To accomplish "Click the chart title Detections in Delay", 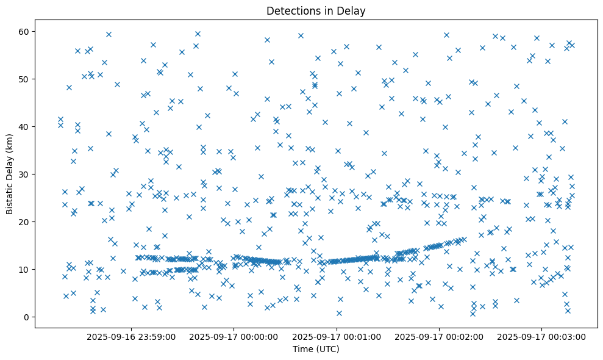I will [x=316, y=11].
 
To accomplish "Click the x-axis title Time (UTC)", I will [x=316, y=349].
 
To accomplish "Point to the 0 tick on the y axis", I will [x=27, y=317].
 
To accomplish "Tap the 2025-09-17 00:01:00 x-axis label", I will [x=337, y=336].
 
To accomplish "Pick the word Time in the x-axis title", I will [x=303, y=349].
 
